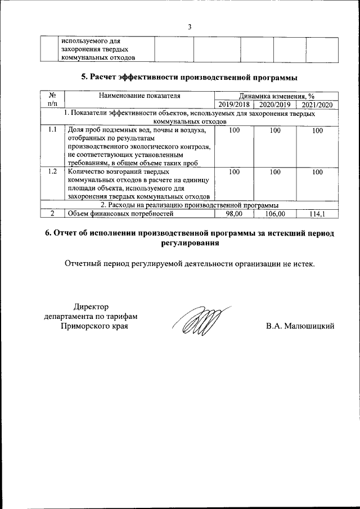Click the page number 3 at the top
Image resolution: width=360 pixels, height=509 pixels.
point(190,26)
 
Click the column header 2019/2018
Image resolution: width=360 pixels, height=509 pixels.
point(234,105)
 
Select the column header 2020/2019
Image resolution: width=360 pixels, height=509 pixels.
point(275,105)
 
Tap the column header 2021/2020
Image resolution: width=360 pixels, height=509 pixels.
point(317,105)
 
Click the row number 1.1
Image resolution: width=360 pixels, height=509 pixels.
point(52,130)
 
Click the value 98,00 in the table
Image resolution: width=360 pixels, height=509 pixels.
point(233,214)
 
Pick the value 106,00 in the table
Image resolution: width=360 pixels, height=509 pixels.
point(275,214)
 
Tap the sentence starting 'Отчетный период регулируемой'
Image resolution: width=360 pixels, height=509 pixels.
point(190,263)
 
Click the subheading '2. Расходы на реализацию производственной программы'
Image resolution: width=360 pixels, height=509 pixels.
point(190,205)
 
